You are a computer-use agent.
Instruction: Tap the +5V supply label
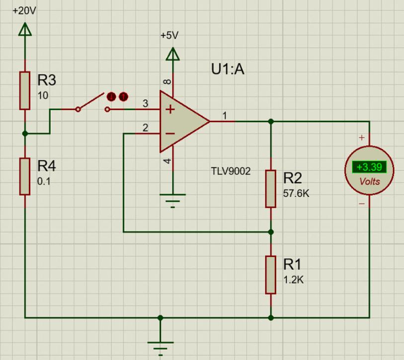pos(169,36)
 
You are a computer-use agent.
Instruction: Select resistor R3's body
pos(24,90)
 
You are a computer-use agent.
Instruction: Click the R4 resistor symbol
pos(24,176)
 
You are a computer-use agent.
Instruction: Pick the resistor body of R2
pos(270,188)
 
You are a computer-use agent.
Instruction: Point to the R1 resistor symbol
pos(270,275)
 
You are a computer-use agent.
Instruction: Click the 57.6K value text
pos(296,194)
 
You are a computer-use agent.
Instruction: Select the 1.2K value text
pos(293,280)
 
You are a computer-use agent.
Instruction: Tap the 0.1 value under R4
pos(44,182)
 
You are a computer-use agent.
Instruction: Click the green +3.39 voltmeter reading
pos(369,166)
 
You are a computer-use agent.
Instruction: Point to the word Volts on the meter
pos(369,181)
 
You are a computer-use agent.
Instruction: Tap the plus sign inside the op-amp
pos(170,109)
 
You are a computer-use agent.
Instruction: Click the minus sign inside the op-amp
pos(170,133)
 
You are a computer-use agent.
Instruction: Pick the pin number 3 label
pos(145,103)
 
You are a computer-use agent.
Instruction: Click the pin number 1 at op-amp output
pos(225,115)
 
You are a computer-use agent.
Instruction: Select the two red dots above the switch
pos(118,96)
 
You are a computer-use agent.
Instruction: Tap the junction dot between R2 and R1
pos(270,231)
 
